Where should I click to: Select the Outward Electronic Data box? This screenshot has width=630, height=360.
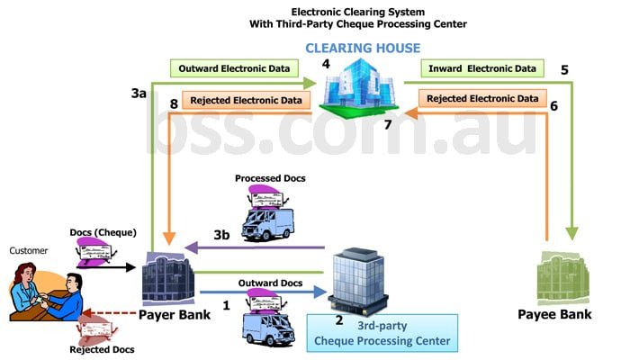233,68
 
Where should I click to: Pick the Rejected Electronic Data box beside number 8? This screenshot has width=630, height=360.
240,100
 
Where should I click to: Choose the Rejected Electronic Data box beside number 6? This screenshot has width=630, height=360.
482,99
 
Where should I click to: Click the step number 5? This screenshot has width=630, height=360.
564,68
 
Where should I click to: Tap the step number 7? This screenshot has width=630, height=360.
388,124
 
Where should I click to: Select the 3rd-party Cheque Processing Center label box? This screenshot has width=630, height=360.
382,333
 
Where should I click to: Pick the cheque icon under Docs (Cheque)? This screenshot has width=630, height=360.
102,255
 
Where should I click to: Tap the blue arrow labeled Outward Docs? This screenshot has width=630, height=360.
260,292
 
